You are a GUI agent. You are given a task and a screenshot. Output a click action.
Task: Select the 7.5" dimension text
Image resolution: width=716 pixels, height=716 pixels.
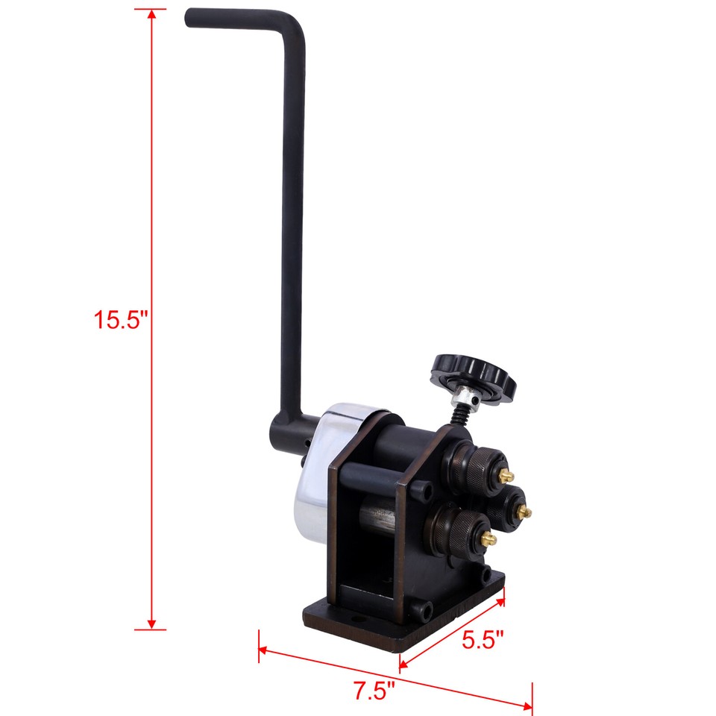pyautogui.click(x=374, y=691)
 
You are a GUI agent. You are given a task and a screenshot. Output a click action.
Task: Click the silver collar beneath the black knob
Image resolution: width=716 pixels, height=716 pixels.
pyautogui.click(x=463, y=396)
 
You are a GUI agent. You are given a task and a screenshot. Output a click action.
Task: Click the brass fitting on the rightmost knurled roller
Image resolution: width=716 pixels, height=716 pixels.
pyautogui.click(x=527, y=511)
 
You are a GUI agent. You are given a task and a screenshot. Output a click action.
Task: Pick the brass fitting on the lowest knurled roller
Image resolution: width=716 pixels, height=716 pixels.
pyautogui.click(x=489, y=538)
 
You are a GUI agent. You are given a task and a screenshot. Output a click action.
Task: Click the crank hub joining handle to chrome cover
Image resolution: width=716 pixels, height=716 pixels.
pyautogui.click(x=288, y=436)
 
